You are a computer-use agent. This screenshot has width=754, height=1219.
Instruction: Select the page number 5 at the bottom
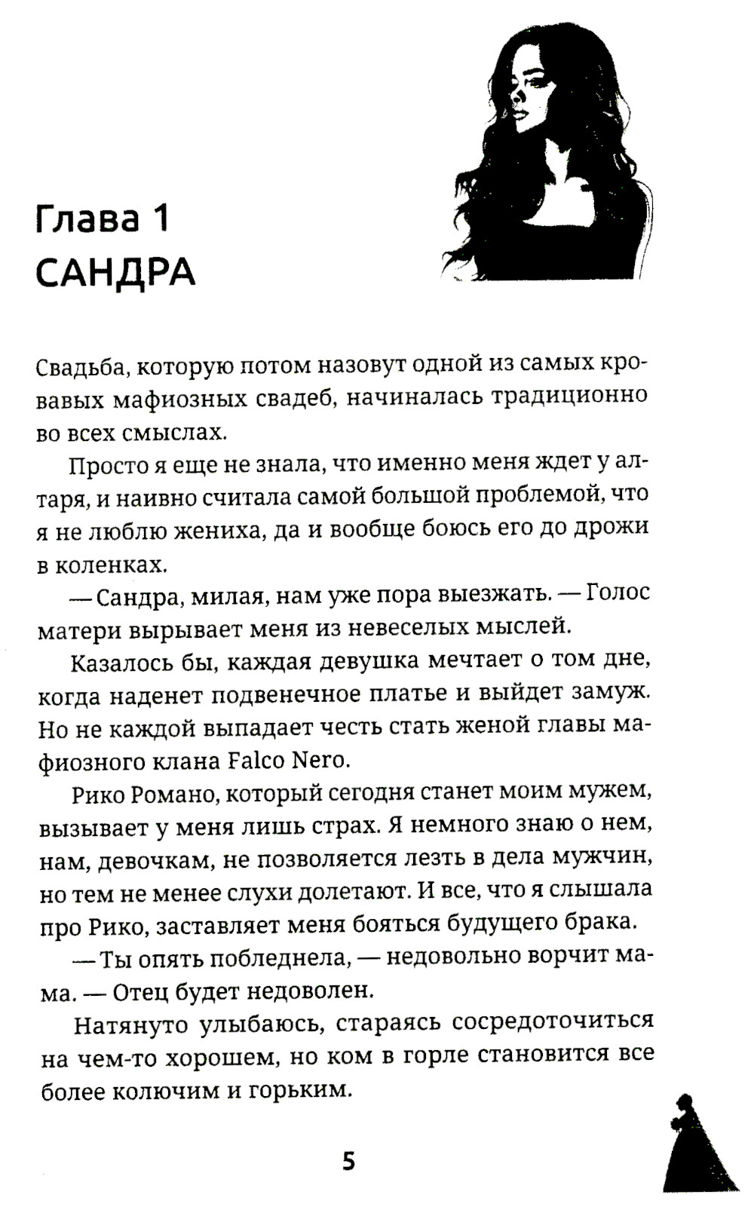[348, 1161]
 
